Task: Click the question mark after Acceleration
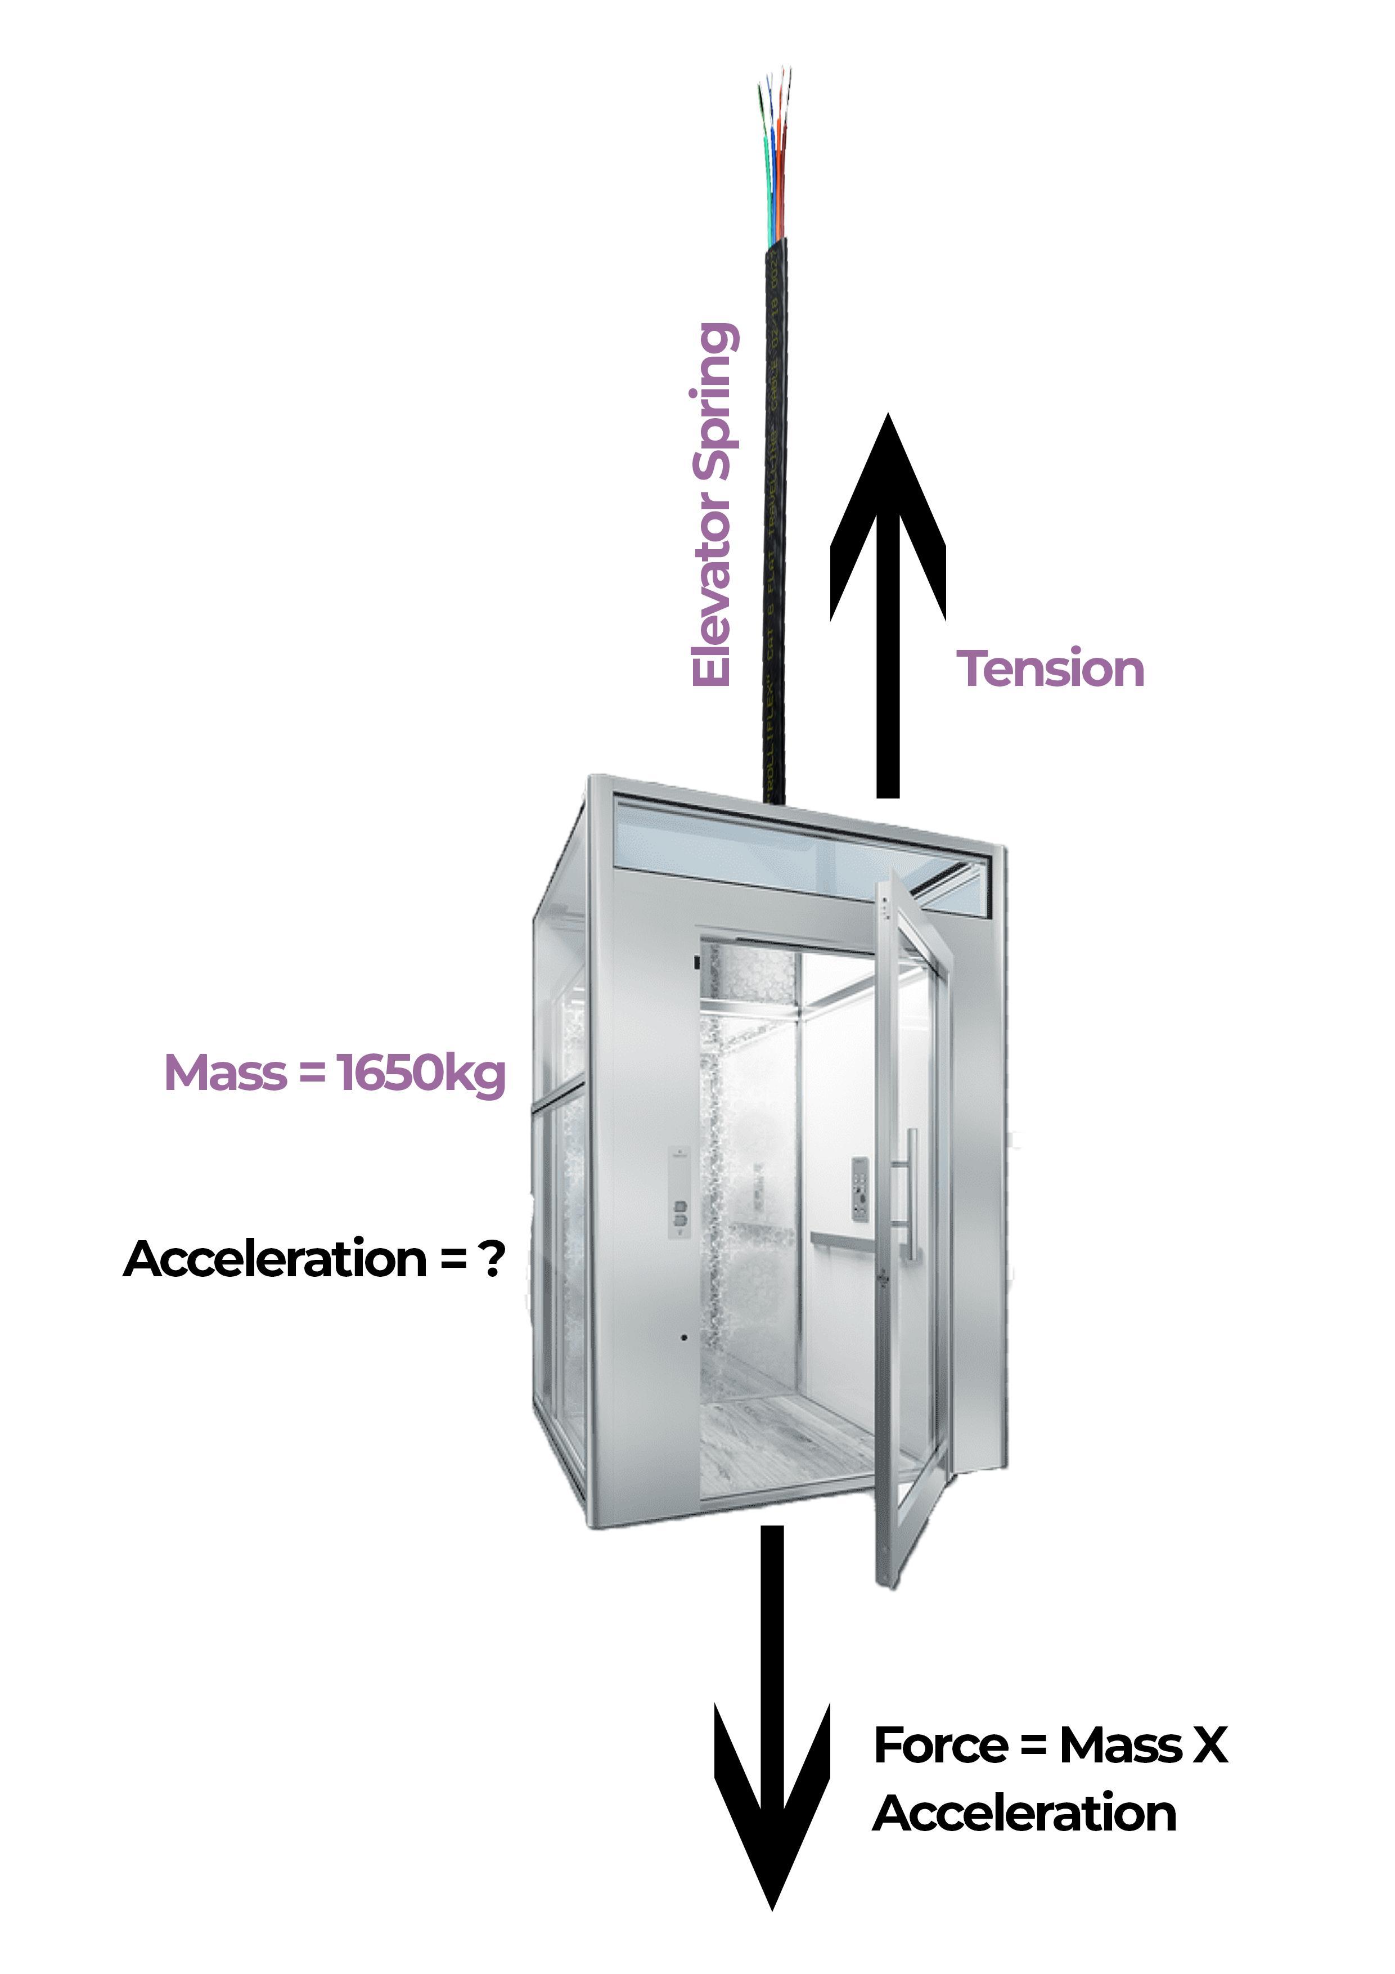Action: point(492,1259)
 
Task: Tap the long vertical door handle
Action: point(910,1195)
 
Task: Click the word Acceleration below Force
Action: point(1024,1814)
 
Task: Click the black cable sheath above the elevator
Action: point(776,516)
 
